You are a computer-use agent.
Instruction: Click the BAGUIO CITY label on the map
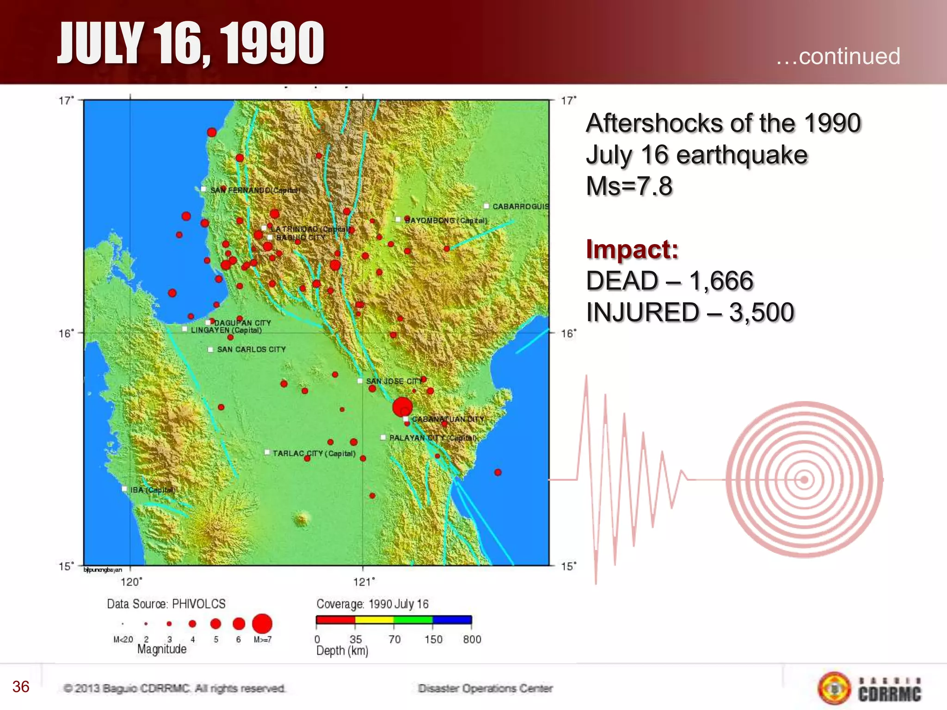(301, 238)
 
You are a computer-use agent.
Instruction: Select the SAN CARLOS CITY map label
(251, 349)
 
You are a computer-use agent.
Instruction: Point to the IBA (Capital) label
(153, 490)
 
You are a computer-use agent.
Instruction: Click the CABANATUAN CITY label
(448, 419)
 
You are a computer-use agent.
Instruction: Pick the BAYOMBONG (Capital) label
(446, 220)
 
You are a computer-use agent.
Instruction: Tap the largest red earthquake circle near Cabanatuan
(402, 407)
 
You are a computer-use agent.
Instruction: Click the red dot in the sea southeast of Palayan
(498, 472)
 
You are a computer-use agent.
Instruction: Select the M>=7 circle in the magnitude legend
(262, 624)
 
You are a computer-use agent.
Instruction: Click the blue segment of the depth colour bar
(452, 620)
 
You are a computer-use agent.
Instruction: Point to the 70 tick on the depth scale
(394, 639)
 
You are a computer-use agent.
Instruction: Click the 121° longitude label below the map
(364, 582)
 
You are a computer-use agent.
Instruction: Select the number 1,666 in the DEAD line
(721, 281)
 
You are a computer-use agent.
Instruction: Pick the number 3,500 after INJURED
(761, 312)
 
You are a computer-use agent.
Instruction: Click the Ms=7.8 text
(629, 186)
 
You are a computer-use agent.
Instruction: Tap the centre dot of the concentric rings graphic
(804, 480)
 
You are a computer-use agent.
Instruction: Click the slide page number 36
(21, 686)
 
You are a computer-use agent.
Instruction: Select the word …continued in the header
(837, 56)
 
